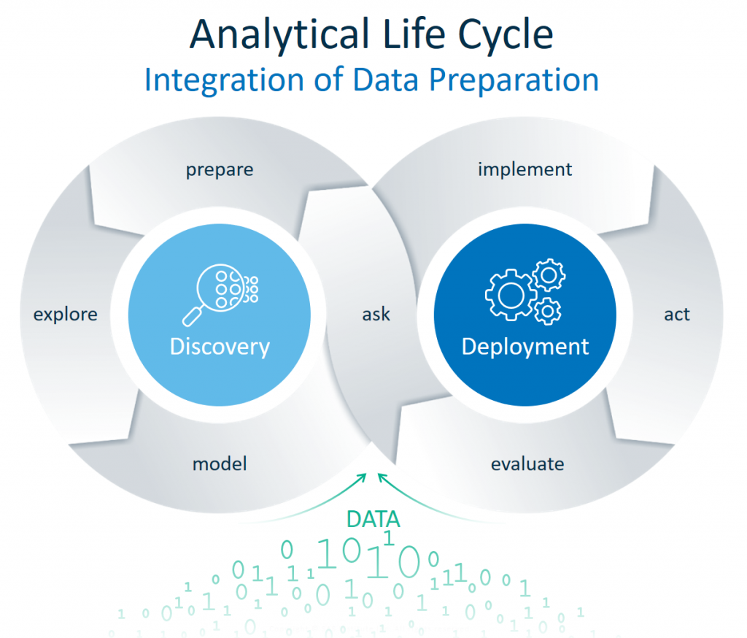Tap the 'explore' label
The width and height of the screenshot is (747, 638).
click(x=66, y=315)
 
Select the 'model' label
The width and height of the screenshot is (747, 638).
click(x=220, y=464)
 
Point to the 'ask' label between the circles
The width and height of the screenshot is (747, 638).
click(x=376, y=315)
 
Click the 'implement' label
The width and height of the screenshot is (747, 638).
click(x=525, y=170)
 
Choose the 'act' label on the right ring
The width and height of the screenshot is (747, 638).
click(x=677, y=315)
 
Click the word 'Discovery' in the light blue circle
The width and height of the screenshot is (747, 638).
click(x=220, y=346)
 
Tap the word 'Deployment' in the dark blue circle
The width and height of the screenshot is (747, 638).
click(x=525, y=346)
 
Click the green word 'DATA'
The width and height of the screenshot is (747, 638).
click(x=373, y=519)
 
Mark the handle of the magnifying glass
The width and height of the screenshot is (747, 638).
click(x=193, y=315)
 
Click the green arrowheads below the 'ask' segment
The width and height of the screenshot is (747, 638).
click(x=372, y=477)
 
